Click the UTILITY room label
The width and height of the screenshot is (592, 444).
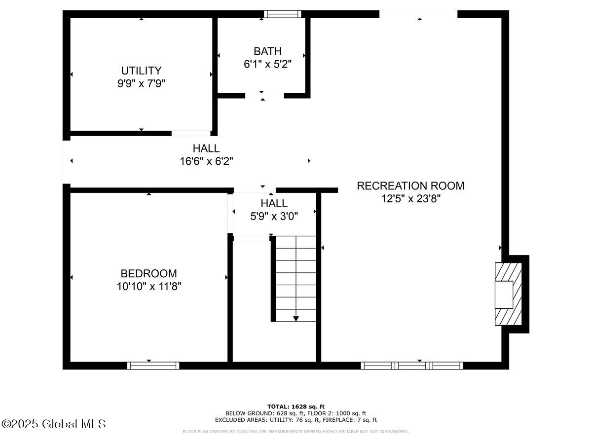(141, 71)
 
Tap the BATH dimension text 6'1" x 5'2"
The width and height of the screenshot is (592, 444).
(268, 64)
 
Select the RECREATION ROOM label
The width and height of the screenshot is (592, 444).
(410, 186)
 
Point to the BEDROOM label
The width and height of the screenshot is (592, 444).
(148, 273)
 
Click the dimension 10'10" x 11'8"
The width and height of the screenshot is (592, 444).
(148, 286)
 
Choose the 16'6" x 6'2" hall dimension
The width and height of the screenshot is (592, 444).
(206, 161)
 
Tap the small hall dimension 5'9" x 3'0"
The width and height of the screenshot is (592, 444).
(274, 216)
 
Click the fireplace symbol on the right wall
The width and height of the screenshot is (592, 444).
(509, 294)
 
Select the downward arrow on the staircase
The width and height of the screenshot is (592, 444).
(296, 318)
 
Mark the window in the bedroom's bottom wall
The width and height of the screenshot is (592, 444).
(153, 366)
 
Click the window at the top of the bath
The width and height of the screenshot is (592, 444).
(282, 14)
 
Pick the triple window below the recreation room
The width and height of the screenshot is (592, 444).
(412, 366)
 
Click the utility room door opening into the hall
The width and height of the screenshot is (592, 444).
(191, 133)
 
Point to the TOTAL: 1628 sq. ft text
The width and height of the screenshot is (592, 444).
(296, 406)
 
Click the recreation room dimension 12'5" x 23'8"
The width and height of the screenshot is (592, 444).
(410, 199)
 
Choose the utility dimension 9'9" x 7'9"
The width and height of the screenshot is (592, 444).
(141, 83)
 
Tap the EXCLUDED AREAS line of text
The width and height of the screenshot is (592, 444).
(296, 420)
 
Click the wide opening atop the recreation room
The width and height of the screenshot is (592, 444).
(418, 14)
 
